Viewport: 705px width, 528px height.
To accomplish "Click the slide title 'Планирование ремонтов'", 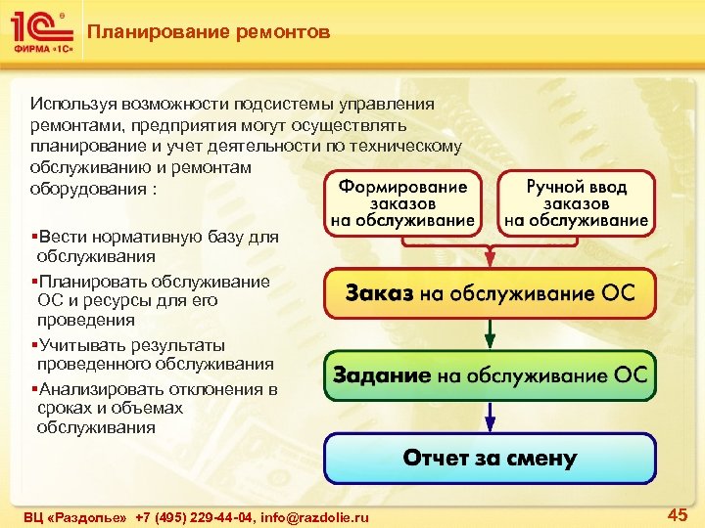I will [208, 32].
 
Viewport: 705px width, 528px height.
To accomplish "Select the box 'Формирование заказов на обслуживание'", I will [403, 203].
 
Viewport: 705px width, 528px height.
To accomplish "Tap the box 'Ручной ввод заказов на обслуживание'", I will [577, 203].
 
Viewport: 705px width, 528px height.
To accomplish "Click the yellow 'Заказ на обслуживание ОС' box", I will [490, 293].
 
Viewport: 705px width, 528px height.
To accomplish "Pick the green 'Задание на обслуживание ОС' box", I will [490, 374].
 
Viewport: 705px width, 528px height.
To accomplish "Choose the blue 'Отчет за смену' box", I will [490, 458].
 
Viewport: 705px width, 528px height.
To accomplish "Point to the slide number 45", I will [677, 514].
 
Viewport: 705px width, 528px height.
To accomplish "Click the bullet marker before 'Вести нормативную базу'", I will [33, 236].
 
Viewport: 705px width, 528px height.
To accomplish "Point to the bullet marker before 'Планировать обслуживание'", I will [33, 282].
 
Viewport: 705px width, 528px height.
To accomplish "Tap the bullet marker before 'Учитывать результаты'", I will [33, 344].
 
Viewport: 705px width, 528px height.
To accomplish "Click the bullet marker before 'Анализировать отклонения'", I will [33, 388].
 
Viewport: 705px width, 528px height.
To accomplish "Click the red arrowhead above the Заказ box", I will [490, 258].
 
